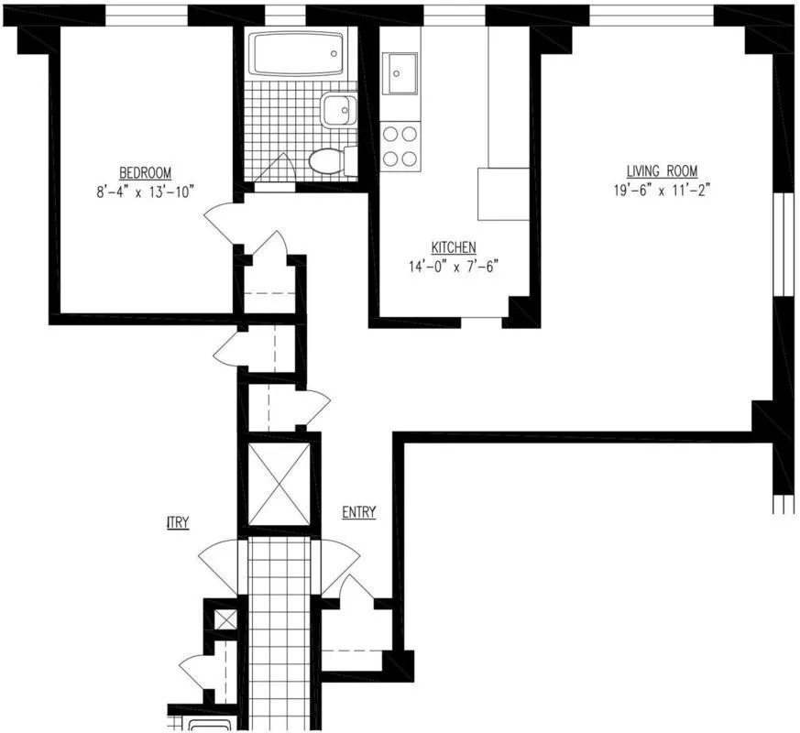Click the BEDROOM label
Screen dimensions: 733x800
[x=145, y=173]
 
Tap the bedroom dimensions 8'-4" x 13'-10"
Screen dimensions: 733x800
[x=145, y=191]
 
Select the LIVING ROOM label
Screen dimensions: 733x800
[x=662, y=171]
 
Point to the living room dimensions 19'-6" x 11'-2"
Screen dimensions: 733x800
[x=662, y=191]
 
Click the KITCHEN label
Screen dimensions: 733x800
[x=453, y=247]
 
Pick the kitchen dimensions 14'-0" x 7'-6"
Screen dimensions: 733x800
[x=453, y=267]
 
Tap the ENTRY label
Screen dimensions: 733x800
[x=358, y=512]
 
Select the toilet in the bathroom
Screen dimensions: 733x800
[x=329, y=161]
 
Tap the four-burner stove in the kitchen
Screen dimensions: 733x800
[x=400, y=146]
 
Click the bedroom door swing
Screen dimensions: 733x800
[x=220, y=223]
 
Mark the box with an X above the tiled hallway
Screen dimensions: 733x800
[x=279, y=484]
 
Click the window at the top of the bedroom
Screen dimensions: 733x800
[x=147, y=16]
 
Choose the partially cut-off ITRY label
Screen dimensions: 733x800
[x=178, y=522]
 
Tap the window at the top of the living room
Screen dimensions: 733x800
[x=650, y=16]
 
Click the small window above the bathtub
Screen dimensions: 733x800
[x=284, y=16]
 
